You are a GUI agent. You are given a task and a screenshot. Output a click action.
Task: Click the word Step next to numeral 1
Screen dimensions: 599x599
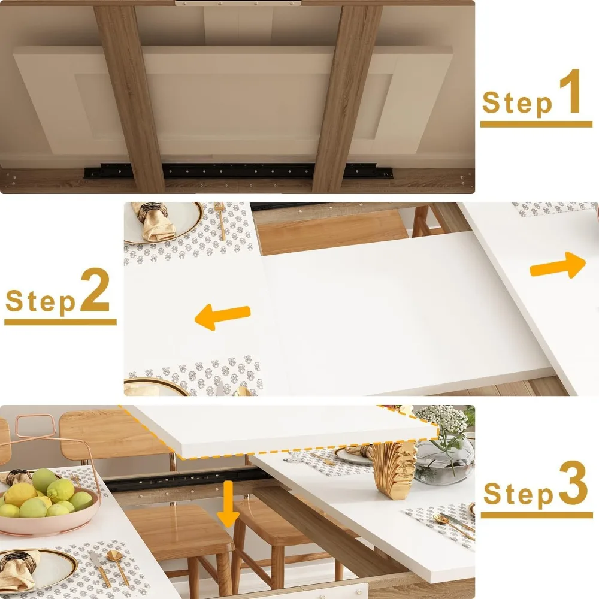[517, 102]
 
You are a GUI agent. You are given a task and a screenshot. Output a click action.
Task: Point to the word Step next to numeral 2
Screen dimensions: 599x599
[41, 301]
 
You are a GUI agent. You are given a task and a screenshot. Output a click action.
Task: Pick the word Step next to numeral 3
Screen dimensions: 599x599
[519, 495]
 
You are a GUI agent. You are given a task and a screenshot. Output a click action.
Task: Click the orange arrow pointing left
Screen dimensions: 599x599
[222, 316]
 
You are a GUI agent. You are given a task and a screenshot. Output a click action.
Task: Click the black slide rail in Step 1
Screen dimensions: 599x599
[240, 171]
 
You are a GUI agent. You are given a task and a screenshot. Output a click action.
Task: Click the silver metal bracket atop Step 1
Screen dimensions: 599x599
[238, 4]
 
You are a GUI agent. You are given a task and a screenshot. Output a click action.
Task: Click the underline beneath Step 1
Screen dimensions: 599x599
[536, 125]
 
